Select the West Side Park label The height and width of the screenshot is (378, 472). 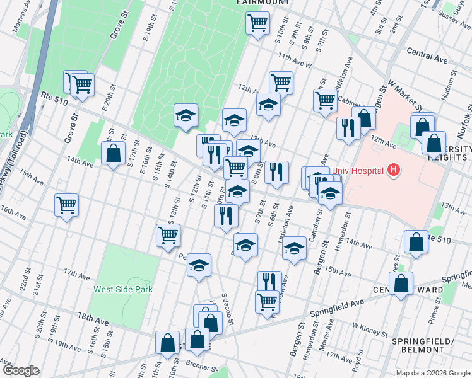123,289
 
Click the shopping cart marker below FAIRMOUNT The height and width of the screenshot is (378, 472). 257,24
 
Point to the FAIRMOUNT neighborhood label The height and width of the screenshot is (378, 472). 263,3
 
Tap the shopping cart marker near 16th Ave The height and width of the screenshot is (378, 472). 66,205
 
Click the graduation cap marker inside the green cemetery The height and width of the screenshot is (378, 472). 186,115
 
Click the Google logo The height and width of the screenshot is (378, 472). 21,370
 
